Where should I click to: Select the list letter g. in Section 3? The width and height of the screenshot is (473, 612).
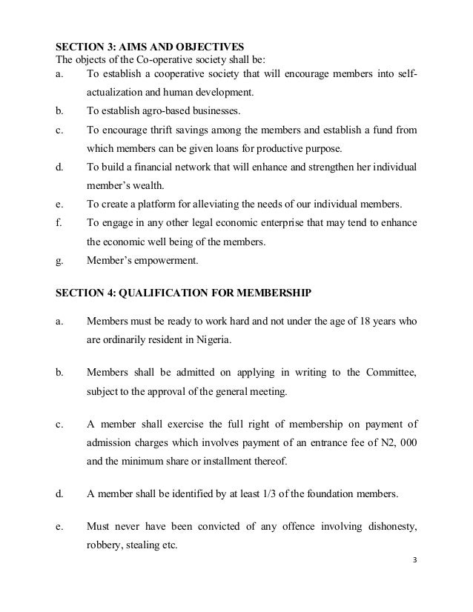tap(60, 261)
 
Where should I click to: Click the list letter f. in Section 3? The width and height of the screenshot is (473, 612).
tap(59, 222)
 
